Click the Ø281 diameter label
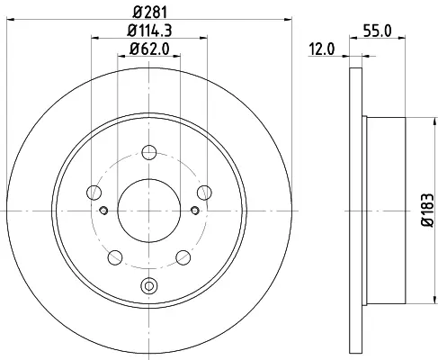click(x=149, y=13)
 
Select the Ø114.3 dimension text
click(x=149, y=31)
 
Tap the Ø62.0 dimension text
click(x=149, y=49)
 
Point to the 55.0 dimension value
click(x=378, y=31)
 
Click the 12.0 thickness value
click(x=322, y=49)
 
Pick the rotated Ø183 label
click(x=427, y=210)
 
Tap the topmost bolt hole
click(x=149, y=152)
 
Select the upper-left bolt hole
click(x=94, y=193)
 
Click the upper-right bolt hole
click(x=204, y=193)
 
